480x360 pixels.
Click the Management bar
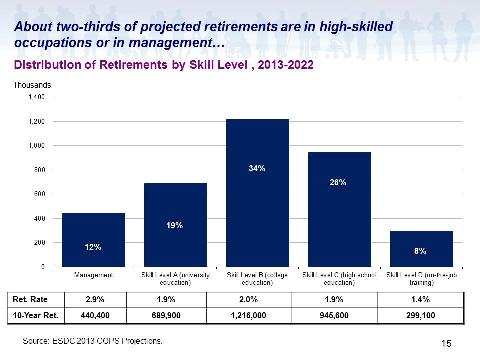[94, 240]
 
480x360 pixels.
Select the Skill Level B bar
[258, 193]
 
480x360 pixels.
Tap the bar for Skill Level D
[422, 249]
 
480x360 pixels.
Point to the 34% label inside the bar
[257, 168]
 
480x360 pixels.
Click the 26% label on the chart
[338, 183]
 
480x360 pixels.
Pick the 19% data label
[174, 226]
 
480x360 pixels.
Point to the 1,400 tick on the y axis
[36, 97]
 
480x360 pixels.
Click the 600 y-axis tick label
[40, 194]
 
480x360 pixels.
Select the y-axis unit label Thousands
[32, 85]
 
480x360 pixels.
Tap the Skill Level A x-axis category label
[175, 279]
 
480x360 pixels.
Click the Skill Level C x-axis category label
[339, 279]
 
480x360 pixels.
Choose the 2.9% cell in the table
[95, 299]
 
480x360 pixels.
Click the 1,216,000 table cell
[248, 315]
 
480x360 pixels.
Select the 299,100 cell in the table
[421, 315]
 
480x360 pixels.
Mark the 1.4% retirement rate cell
[420, 299]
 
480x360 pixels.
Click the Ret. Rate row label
[30, 299]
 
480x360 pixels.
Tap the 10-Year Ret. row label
[35, 315]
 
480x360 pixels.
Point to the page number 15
[446, 344]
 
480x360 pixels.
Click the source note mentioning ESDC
[93, 341]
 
